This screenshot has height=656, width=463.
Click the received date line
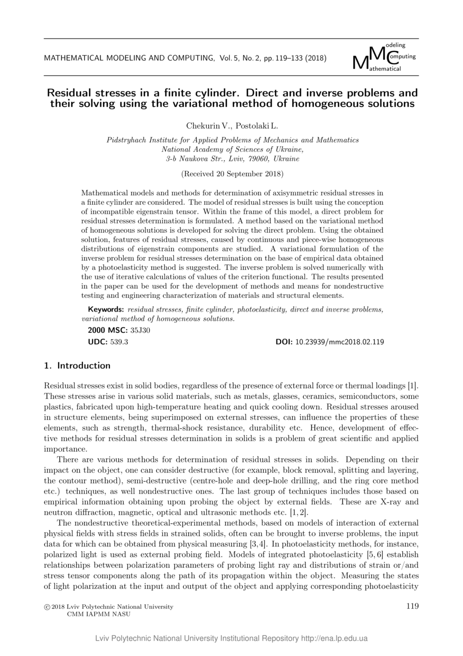click(x=232, y=174)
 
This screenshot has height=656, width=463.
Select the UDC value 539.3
click(x=119, y=342)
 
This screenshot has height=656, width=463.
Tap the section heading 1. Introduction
click(x=77, y=366)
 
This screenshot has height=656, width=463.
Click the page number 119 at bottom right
click(x=412, y=606)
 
